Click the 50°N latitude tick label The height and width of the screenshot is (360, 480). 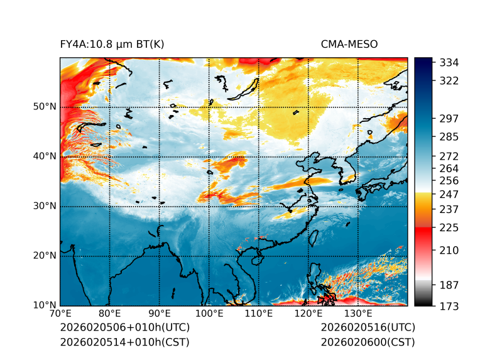click(45, 106)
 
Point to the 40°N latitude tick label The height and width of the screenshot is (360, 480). click(45, 156)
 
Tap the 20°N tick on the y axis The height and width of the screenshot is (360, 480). click(45, 256)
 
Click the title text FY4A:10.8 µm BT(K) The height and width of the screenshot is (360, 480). click(112, 44)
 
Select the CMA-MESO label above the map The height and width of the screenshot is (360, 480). click(349, 44)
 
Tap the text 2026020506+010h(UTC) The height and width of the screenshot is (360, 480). click(124, 327)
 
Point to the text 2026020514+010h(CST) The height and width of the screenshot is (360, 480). click(124, 342)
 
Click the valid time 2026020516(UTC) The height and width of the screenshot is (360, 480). click(368, 327)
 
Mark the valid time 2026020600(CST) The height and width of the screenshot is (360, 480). click(368, 342)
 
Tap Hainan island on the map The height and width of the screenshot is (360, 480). click(256, 259)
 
